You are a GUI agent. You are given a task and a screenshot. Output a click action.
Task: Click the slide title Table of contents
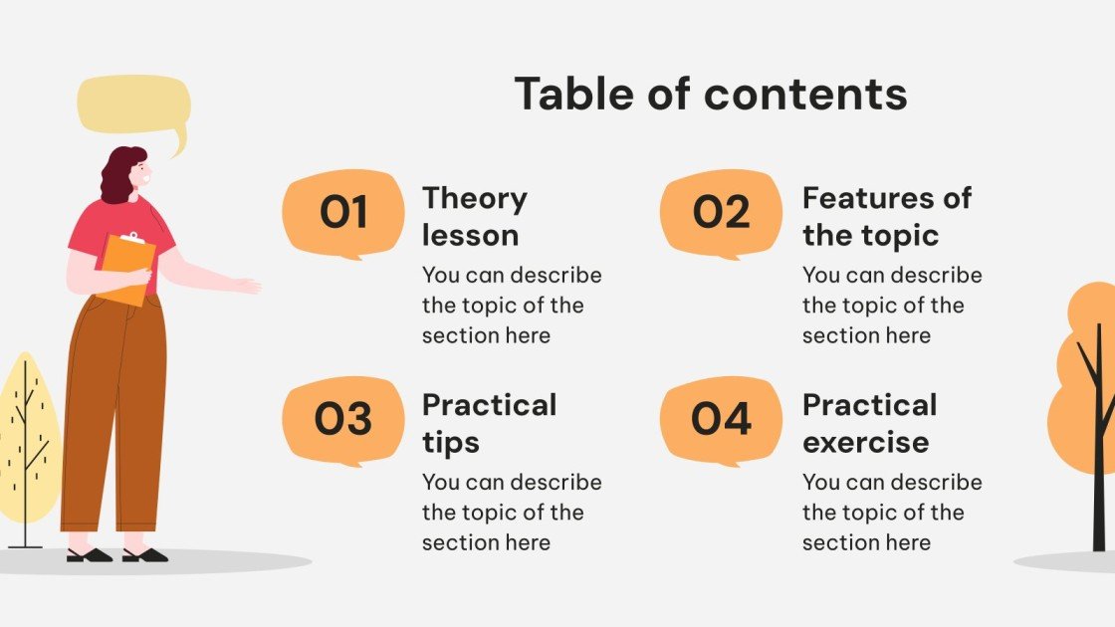pos(711,94)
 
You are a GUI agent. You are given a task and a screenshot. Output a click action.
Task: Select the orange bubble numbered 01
pos(343,213)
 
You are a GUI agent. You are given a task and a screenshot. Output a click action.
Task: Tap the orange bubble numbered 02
pos(721,213)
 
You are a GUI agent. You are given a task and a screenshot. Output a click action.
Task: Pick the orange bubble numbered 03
pos(343,420)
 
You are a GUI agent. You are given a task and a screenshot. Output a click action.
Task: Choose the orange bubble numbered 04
pos(721,420)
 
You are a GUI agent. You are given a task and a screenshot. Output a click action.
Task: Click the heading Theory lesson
pos(474,216)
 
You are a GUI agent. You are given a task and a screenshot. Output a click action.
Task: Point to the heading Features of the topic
pos(886,216)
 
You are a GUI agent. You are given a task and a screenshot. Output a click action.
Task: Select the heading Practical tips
pos(489,423)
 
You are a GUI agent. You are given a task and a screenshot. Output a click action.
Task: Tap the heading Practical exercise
pos(869,423)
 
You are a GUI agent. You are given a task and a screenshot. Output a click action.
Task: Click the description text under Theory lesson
pos(512,305)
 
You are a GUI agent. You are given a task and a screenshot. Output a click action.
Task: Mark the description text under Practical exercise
pos(892,512)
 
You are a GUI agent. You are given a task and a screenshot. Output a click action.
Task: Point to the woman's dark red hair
pos(117,175)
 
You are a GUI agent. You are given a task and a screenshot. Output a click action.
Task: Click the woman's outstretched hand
pos(246,286)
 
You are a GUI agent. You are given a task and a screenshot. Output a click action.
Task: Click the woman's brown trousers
pos(114,418)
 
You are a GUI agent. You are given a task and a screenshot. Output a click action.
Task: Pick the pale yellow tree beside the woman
pos(28,438)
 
